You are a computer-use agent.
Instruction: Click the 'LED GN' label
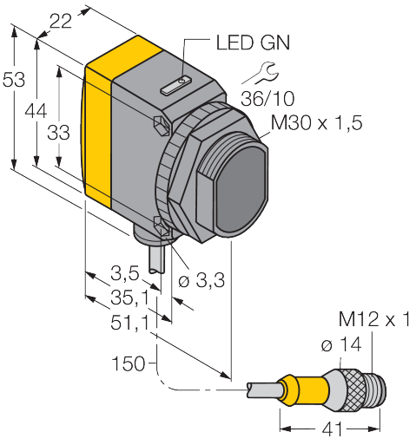(253, 43)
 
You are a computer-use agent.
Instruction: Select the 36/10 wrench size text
(267, 98)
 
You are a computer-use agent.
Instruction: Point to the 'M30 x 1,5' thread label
(316, 122)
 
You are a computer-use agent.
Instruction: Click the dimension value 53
(14, 79)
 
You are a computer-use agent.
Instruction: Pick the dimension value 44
(36, 111)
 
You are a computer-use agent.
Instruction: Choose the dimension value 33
(58, 133)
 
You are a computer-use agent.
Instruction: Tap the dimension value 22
(61, 21)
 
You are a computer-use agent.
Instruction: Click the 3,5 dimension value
(125, 273)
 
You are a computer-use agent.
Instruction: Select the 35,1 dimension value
(129, 298)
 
